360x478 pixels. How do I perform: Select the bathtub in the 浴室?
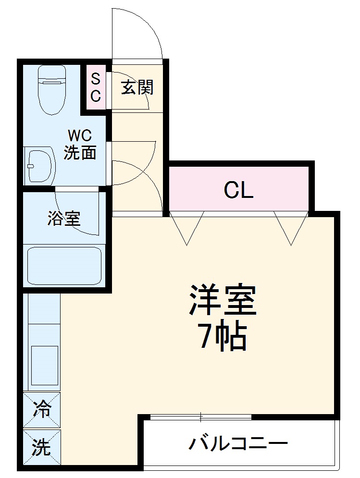coord(64,266)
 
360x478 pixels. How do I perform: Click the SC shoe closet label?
coord(96,87)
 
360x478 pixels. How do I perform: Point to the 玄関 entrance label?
coord(137,87)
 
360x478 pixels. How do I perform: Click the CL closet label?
coord(238,191)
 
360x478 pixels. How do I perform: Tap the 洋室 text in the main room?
coord(223,301)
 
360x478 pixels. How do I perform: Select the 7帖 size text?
coord(223,337)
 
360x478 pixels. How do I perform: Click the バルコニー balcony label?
coord(238,443)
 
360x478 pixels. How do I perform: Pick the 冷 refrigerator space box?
coord(42,410)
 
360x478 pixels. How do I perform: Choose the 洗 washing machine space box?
coord(42,448)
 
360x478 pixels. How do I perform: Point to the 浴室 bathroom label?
coord(63,219)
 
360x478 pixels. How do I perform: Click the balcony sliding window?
coord(201,417)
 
